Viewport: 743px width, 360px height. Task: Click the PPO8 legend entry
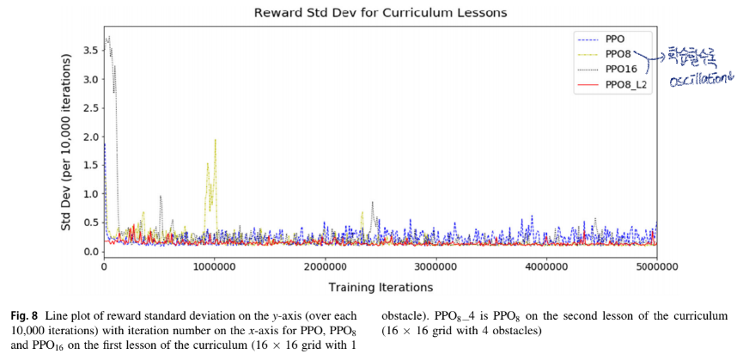point(618,54)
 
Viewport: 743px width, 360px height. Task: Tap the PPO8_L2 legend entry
point(625,84)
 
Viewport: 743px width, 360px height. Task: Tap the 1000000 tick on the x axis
point(215,267)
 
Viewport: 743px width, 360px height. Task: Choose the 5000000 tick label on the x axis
point(657,267)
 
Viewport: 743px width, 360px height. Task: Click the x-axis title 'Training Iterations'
point(381,286)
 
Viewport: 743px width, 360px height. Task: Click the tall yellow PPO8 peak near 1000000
point(215,140)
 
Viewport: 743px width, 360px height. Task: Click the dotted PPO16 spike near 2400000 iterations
point(372,203)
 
